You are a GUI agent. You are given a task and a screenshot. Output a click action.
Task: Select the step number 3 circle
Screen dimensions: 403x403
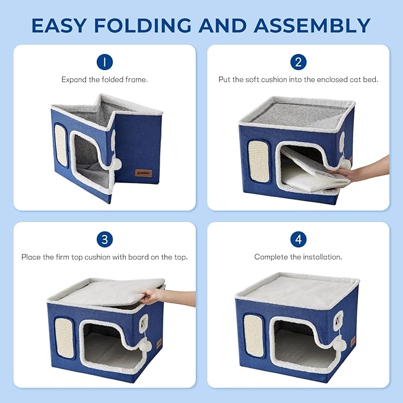point(104,240)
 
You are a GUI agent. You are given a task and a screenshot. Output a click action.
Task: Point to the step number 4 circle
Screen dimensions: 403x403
point(298,240)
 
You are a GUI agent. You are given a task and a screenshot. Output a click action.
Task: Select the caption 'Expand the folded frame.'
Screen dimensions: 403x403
point(104,79)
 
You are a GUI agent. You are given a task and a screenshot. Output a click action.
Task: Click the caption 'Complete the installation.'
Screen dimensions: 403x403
point(298,257)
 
